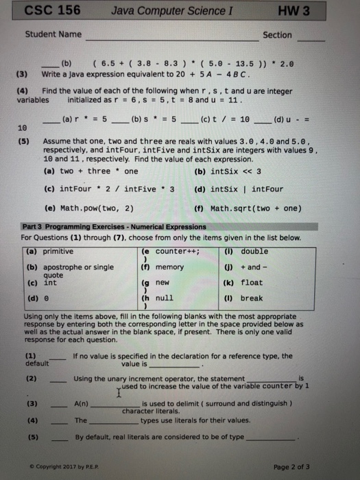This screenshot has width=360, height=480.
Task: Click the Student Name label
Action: click(x=53, y=34)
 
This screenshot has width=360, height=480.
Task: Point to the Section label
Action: click(x=277, y=35)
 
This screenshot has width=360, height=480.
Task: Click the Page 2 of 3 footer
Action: click(x=292, y=466)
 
